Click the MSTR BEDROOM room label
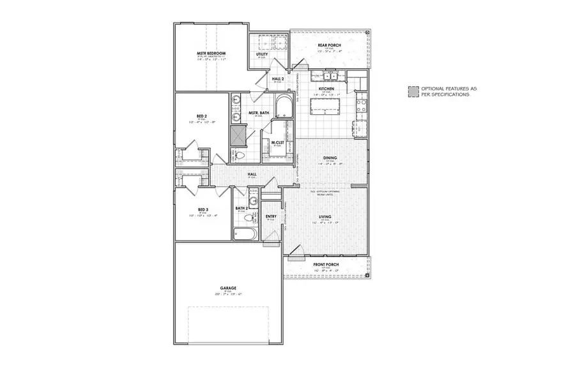pyautogui.click(x=211, y=54)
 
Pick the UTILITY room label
pyautogui.click(x=261, y=54)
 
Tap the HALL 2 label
pyautogui.click(x=278, y=80)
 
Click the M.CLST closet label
pyautogui.click(x=277, y=142)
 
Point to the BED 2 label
pyautogui.click(x=202, y=116)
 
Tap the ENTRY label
pyautogui.click(x=270, y=216)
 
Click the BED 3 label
pyautogui.click(x=203, y=209)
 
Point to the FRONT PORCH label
pyautogui.click(x=326, y=265)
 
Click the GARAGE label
pyautogui.click(x=227, y=288)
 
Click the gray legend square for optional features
pyautogui.click(x=414, y=91)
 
